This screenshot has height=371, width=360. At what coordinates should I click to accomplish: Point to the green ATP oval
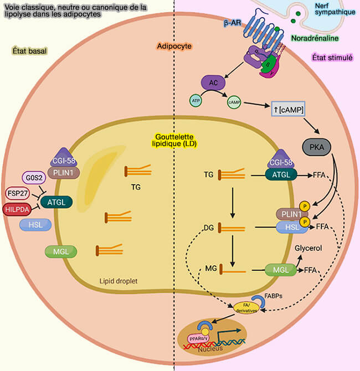point(196,101)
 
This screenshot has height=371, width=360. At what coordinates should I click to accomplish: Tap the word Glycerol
point(308,249)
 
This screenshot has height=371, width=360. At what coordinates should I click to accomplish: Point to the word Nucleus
point(212,349)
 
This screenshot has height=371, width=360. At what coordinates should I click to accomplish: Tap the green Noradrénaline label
point(314,39)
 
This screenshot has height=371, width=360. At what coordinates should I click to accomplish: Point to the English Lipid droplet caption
point(119,281)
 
